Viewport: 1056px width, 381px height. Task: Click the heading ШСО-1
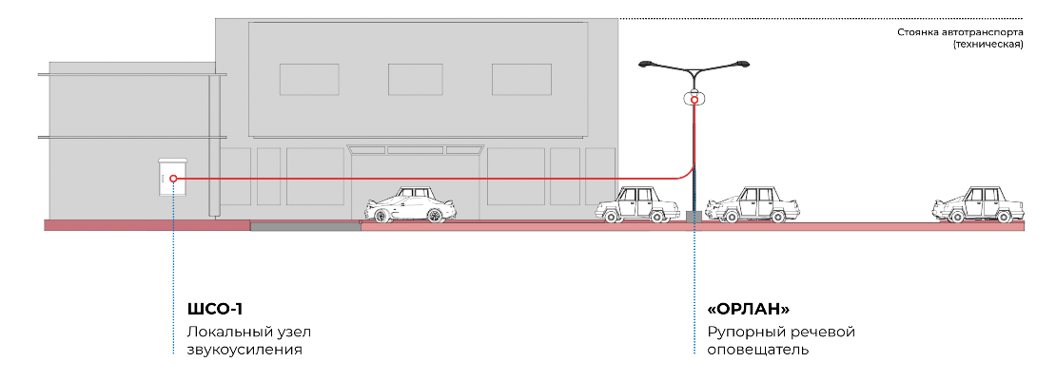tap(214, 310)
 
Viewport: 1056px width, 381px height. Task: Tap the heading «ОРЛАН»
tap(748, 310)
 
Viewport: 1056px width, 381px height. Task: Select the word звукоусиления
tap(244, 350)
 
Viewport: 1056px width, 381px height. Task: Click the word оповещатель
tap(757, 350)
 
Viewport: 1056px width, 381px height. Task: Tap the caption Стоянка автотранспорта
tap(960, 32)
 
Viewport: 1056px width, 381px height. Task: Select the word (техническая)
tap(988, 45)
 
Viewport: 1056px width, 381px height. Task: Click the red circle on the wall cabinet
tap(173, 179)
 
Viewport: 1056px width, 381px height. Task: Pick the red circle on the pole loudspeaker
tap(694, 100)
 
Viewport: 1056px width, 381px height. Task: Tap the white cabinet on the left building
tap(172, 177)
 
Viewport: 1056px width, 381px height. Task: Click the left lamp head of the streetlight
tap(647, 64)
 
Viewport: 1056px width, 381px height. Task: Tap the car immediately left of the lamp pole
tap(637, 204)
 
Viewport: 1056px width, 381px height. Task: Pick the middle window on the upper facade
tap(416, 80)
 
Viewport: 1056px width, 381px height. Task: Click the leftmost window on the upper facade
tap(309, 80)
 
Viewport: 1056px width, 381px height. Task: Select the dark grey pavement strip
tap(305, 227)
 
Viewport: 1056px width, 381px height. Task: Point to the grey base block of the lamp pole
tap(694, 216)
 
